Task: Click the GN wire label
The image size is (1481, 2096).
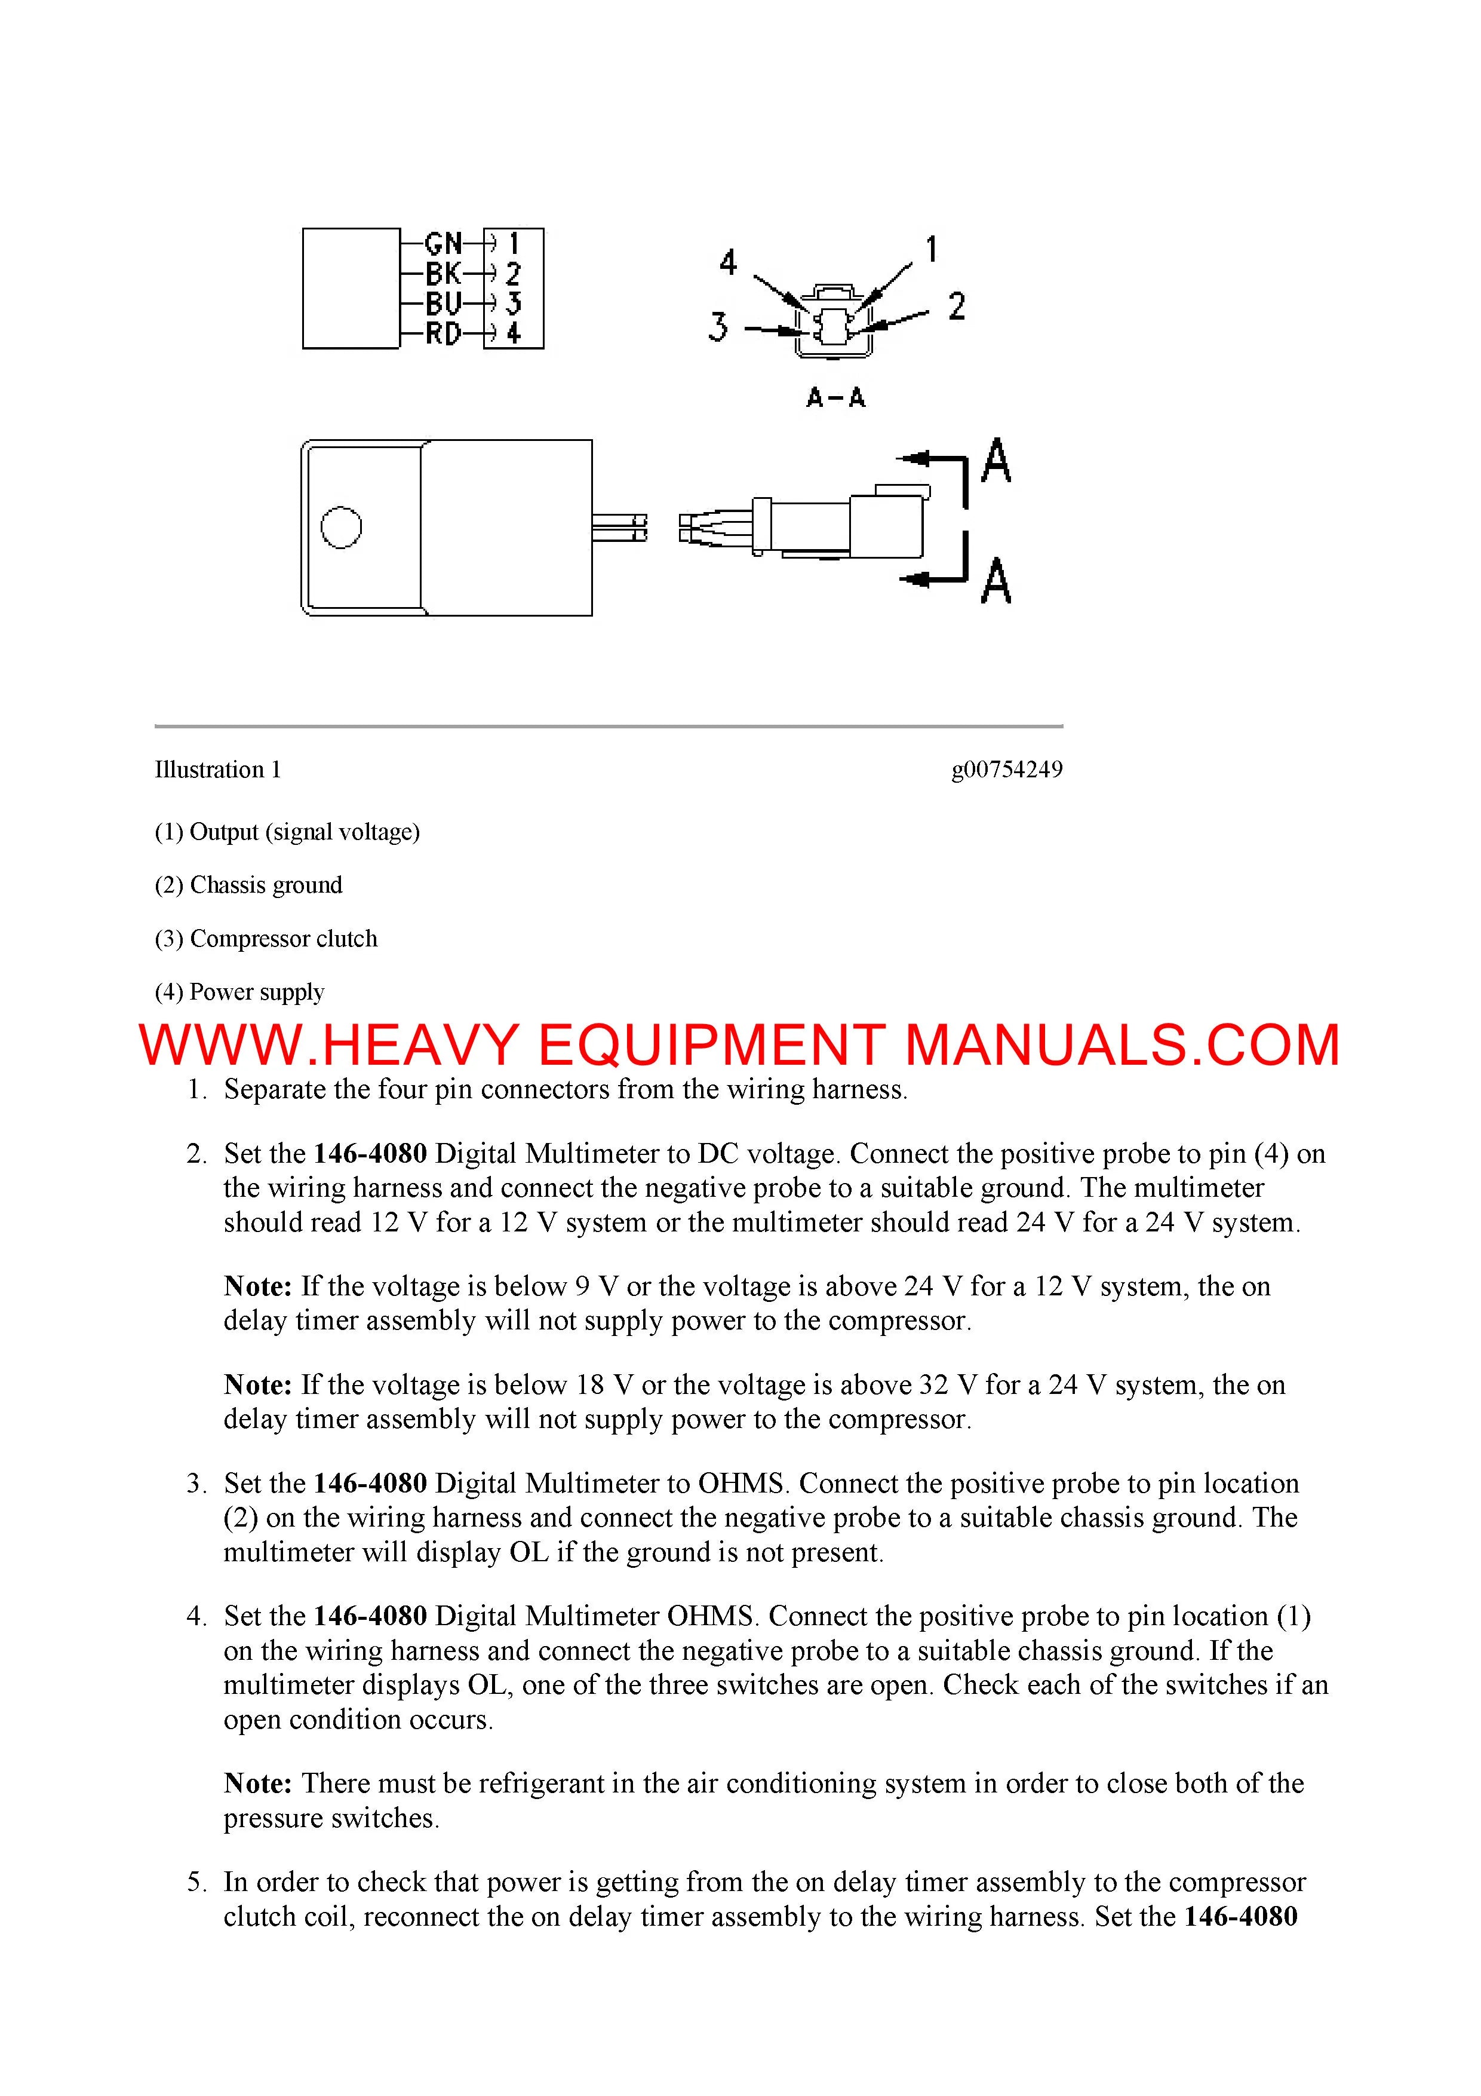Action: pyautogui.click(x=444, y=244)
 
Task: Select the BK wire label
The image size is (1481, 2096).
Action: pyautogui.click(x=444, y=274)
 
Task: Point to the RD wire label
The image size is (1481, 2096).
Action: pyautogui.click(x=444, y=334)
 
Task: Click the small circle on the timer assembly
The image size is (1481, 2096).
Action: pyautogui.click(x=341, y=528)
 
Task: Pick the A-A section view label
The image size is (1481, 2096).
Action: pyautogui.click(x=835, y=398)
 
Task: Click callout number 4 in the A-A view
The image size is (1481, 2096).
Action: pyautogui.click(x=727, y=263)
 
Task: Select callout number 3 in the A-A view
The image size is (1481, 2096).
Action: pyautogui.click(x=718, y=326)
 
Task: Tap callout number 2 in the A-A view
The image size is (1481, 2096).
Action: pyautogui.click(x=955, y=306)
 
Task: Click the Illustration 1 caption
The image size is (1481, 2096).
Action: pyautogui.click(x=217, y=770)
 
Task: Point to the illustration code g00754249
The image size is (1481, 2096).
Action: pyautogui.click(x=1006, y=770)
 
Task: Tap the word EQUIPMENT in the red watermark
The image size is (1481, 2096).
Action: pyautogui.click(x=711, y=1045)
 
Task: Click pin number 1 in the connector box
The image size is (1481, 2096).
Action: pyautogui.click(x=513, y=244)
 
